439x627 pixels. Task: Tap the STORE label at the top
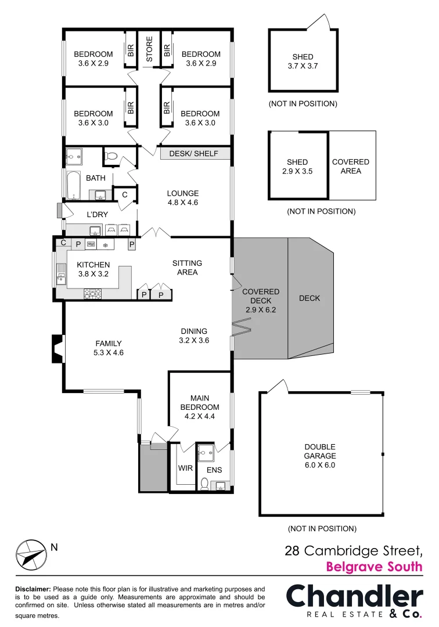pyautogui.click(x=149, y=49)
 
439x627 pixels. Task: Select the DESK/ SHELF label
pyautogui.click(x=193, y=154)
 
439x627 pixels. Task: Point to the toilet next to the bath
pyautogui.click(x=111, y=156)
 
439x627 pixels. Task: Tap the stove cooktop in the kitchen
pyautogui.click(x=93, y=293)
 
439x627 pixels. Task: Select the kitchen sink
pyautogui.click(x=60, y=273)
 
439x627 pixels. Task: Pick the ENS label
pyautogui.click(x=215, y=470)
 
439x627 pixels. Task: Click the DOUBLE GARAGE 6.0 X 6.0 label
pyautogui.click(x=320, y=456)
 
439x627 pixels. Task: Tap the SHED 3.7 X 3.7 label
pyautogui.click(x=303, y=62)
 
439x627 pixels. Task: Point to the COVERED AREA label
pyautogui.click(x=350, y=167)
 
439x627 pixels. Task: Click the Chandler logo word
pyautogui.click(x=354, y=597)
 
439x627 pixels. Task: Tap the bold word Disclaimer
pyautogui.click(x=33, y=589)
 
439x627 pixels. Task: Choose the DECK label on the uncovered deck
pyautogui.click(x=310, y=298)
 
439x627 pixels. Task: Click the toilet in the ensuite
pyautogui.click(x=204, y=483)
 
